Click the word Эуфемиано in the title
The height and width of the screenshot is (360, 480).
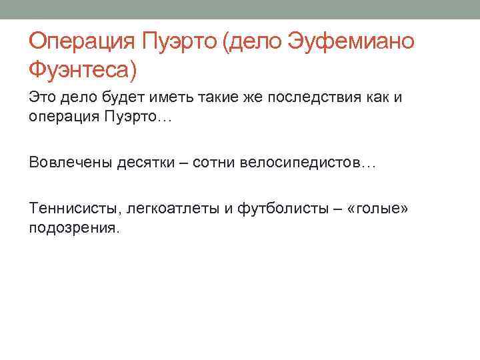click(x=351, y=42)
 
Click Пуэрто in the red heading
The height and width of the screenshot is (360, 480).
click(x=179, y=42)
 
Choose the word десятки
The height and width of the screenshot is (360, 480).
click(x=147, y=163)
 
